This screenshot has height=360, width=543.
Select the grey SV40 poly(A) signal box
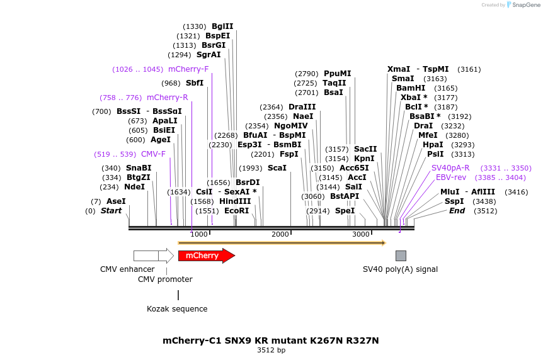[x=401, y=256]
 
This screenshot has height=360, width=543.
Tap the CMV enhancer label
[x=127, y=269]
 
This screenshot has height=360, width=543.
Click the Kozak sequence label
[x=177, y=309]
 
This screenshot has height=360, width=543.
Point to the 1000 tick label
[x=199, y=234]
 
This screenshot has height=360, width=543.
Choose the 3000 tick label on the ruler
[x=361, y=234]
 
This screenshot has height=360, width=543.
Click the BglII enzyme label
[x=222, y=26]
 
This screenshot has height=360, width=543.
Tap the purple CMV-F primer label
[x=153, y=154]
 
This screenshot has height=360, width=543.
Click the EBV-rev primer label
[x=451, y=177]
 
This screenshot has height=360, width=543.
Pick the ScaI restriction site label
[x=277, y=168]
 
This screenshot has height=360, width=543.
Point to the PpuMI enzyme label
[x=337, y=74]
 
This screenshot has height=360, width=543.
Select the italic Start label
[x=111, y=211]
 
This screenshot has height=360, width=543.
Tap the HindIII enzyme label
[x=235, y=201]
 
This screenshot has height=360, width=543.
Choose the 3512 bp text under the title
[x=271, y=350]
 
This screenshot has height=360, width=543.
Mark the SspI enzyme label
[x=454, y=201]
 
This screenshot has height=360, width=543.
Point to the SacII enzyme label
[x=365, y=149]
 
